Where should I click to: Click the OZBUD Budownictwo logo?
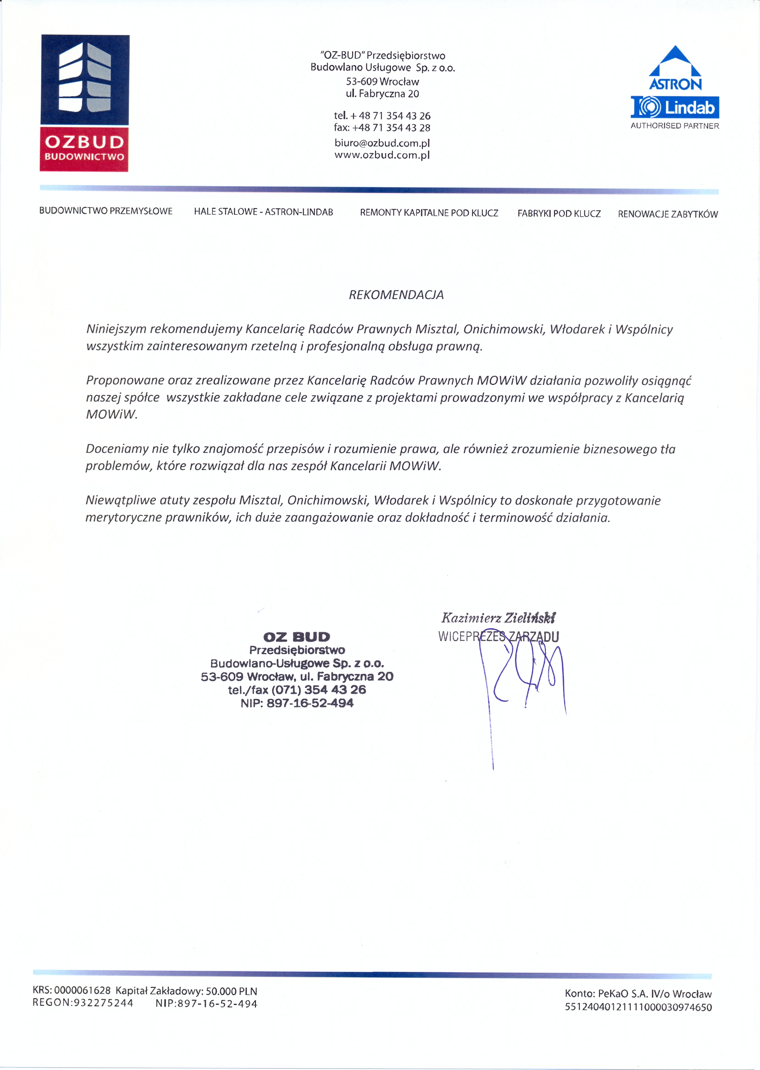(x=84, y=103)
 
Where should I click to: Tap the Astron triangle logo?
(x=675, y=68)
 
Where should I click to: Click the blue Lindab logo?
(x=675, y=108)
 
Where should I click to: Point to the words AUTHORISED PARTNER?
(x=675, y=126)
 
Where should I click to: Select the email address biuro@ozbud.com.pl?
(x=382, y=143)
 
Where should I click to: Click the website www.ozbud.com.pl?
(x=382, y=155)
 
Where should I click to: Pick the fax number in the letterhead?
(x=382, y=128)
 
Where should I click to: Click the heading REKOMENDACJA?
(x=396, y=295)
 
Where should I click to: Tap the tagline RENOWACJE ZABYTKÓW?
(x=668, y=214)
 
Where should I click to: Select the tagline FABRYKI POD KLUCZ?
(x=559, y=214)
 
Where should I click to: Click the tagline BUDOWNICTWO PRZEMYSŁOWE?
(x=106, y=211)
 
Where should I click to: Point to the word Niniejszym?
(x=116, y=329)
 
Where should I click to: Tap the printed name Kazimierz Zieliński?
(x=498, y=618)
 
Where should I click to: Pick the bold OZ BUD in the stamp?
(x=297, y=637)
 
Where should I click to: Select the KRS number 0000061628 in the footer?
(x=83, y=991)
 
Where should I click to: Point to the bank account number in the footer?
(x=638, y=1007)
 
